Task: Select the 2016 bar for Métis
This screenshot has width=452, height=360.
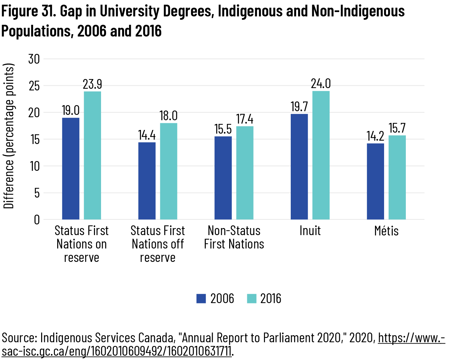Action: coord(397,177)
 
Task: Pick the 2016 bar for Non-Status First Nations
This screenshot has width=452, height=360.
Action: coord(245,173)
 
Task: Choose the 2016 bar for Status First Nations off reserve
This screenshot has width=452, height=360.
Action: coord(169,171)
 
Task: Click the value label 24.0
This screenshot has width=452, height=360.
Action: coord(321,84)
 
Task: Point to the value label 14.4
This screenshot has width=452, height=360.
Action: coord(147,135)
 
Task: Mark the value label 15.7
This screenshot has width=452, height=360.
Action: coord(397,128)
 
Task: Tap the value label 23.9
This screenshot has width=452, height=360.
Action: coord(92,84)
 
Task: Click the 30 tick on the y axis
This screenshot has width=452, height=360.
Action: coord(34,59)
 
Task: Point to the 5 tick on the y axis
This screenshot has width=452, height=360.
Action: coord(36,193)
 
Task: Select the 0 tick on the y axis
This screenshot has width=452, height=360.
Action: coord(36,220)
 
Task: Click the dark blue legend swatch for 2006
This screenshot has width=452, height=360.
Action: coord(201,298)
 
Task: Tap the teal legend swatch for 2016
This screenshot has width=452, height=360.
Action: coord(252,298)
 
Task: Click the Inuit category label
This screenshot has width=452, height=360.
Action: coord(310,231)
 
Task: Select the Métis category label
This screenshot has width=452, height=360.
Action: coord(386,231)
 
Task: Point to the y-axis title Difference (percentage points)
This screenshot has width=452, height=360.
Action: coord(9,136)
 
